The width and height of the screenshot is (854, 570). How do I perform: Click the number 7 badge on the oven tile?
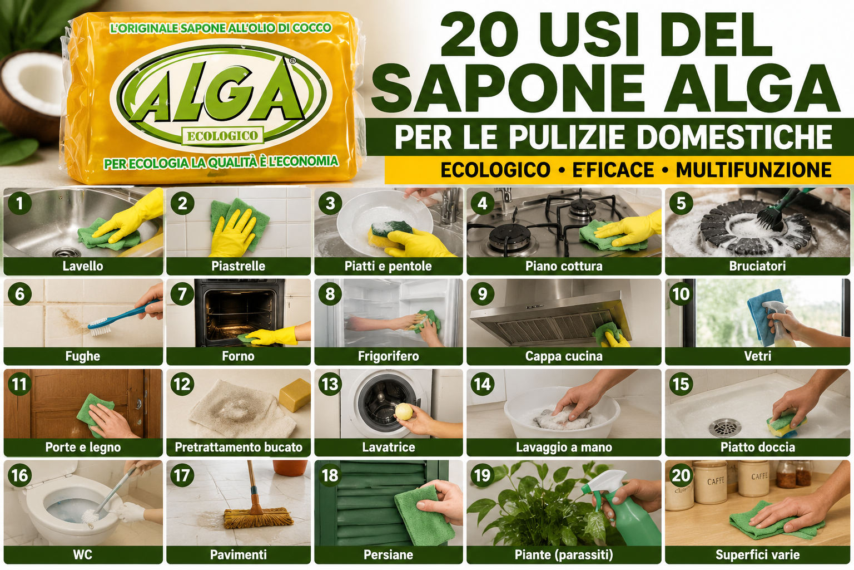click(182, 294)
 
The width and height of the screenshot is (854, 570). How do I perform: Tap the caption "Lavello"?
click(83, 266)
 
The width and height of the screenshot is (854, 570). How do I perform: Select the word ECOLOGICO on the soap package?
click(222, 136)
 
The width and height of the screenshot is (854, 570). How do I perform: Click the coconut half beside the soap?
click(31, 95)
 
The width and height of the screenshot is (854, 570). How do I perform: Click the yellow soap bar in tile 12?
click(295, 395)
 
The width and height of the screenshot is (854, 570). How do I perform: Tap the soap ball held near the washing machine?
click(404, 411)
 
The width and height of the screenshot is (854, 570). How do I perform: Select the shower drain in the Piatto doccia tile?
click(725, 427)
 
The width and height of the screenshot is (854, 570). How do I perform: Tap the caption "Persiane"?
click(389, 555)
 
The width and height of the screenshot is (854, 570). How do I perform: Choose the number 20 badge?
click(681, 475)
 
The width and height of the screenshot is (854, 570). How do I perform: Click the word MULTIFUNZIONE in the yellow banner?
click(754, 170)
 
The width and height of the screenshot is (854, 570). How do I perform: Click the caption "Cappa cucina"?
click(564, 356)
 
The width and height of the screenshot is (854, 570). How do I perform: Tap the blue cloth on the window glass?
click(762, 317)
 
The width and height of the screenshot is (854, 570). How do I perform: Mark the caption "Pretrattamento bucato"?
click(239, 447)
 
